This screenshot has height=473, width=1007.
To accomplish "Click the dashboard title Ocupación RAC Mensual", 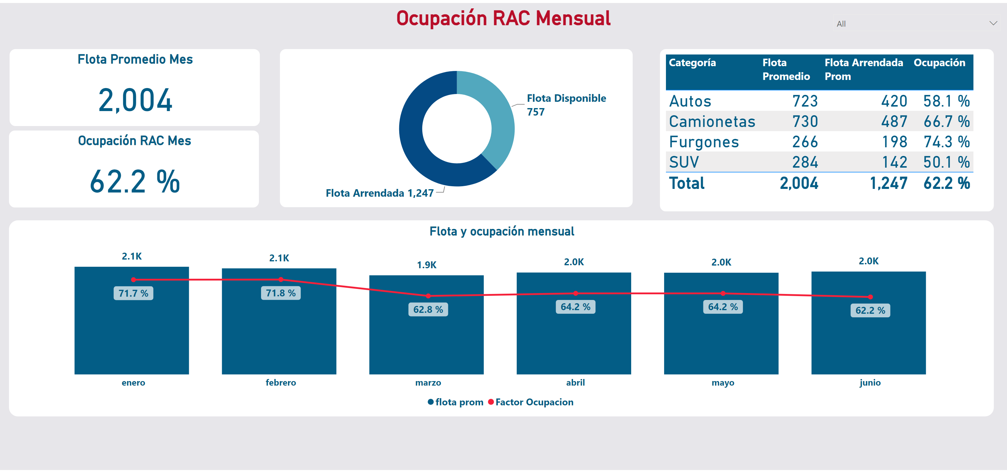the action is point(503,18).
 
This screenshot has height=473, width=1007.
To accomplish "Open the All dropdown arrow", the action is point(993,23).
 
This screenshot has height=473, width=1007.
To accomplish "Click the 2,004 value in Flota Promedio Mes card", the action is point(135,100).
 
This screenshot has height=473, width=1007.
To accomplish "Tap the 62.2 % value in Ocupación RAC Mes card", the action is point(135,182).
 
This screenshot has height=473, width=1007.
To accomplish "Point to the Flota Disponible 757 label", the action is point(566,105).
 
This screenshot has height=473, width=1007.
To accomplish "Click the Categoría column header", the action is point(692,63).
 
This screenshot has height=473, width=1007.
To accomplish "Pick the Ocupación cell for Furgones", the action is point(946,142).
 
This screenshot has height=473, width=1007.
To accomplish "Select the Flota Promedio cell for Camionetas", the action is point(805,122).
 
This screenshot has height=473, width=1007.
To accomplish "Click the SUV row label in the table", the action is point(684,162).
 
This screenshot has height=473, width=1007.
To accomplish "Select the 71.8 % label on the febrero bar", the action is point(281,293).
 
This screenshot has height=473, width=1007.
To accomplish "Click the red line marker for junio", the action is point(870,297).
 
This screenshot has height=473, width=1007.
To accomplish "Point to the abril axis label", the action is point(575,382).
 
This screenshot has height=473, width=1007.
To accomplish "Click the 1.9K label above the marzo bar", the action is point(426,265).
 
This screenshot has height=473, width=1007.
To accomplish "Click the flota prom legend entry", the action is point(456,402).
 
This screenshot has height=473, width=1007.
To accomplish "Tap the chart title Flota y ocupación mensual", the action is point(502,231).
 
